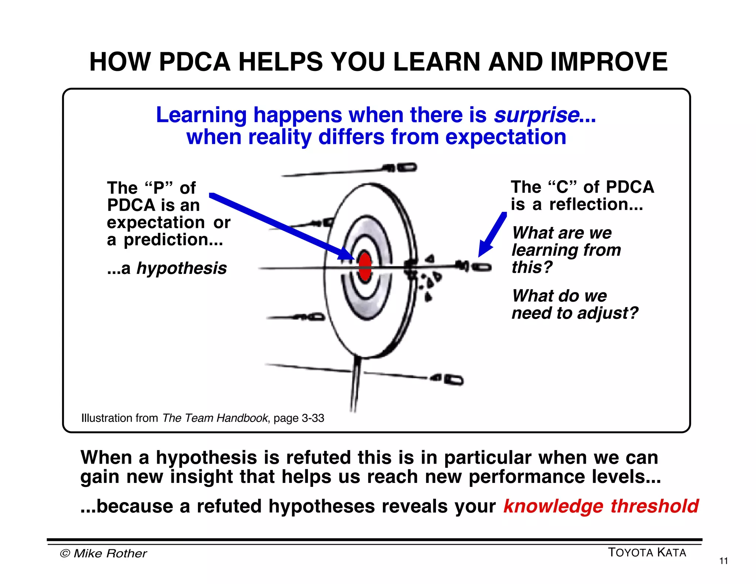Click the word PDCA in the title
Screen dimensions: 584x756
point(195,62)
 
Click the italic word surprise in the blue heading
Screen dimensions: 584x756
point(536,115)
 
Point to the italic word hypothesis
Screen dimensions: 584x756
point(181,268)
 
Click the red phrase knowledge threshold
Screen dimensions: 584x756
point(601,506)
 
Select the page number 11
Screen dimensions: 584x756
point(724,561)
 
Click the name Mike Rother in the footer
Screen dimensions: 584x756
point(110,553)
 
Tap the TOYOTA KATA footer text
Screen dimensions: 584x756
point(647,553)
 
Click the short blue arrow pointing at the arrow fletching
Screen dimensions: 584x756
point(492,235)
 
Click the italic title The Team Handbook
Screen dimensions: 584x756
point(215,418)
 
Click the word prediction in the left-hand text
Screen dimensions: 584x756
point(173,240)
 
